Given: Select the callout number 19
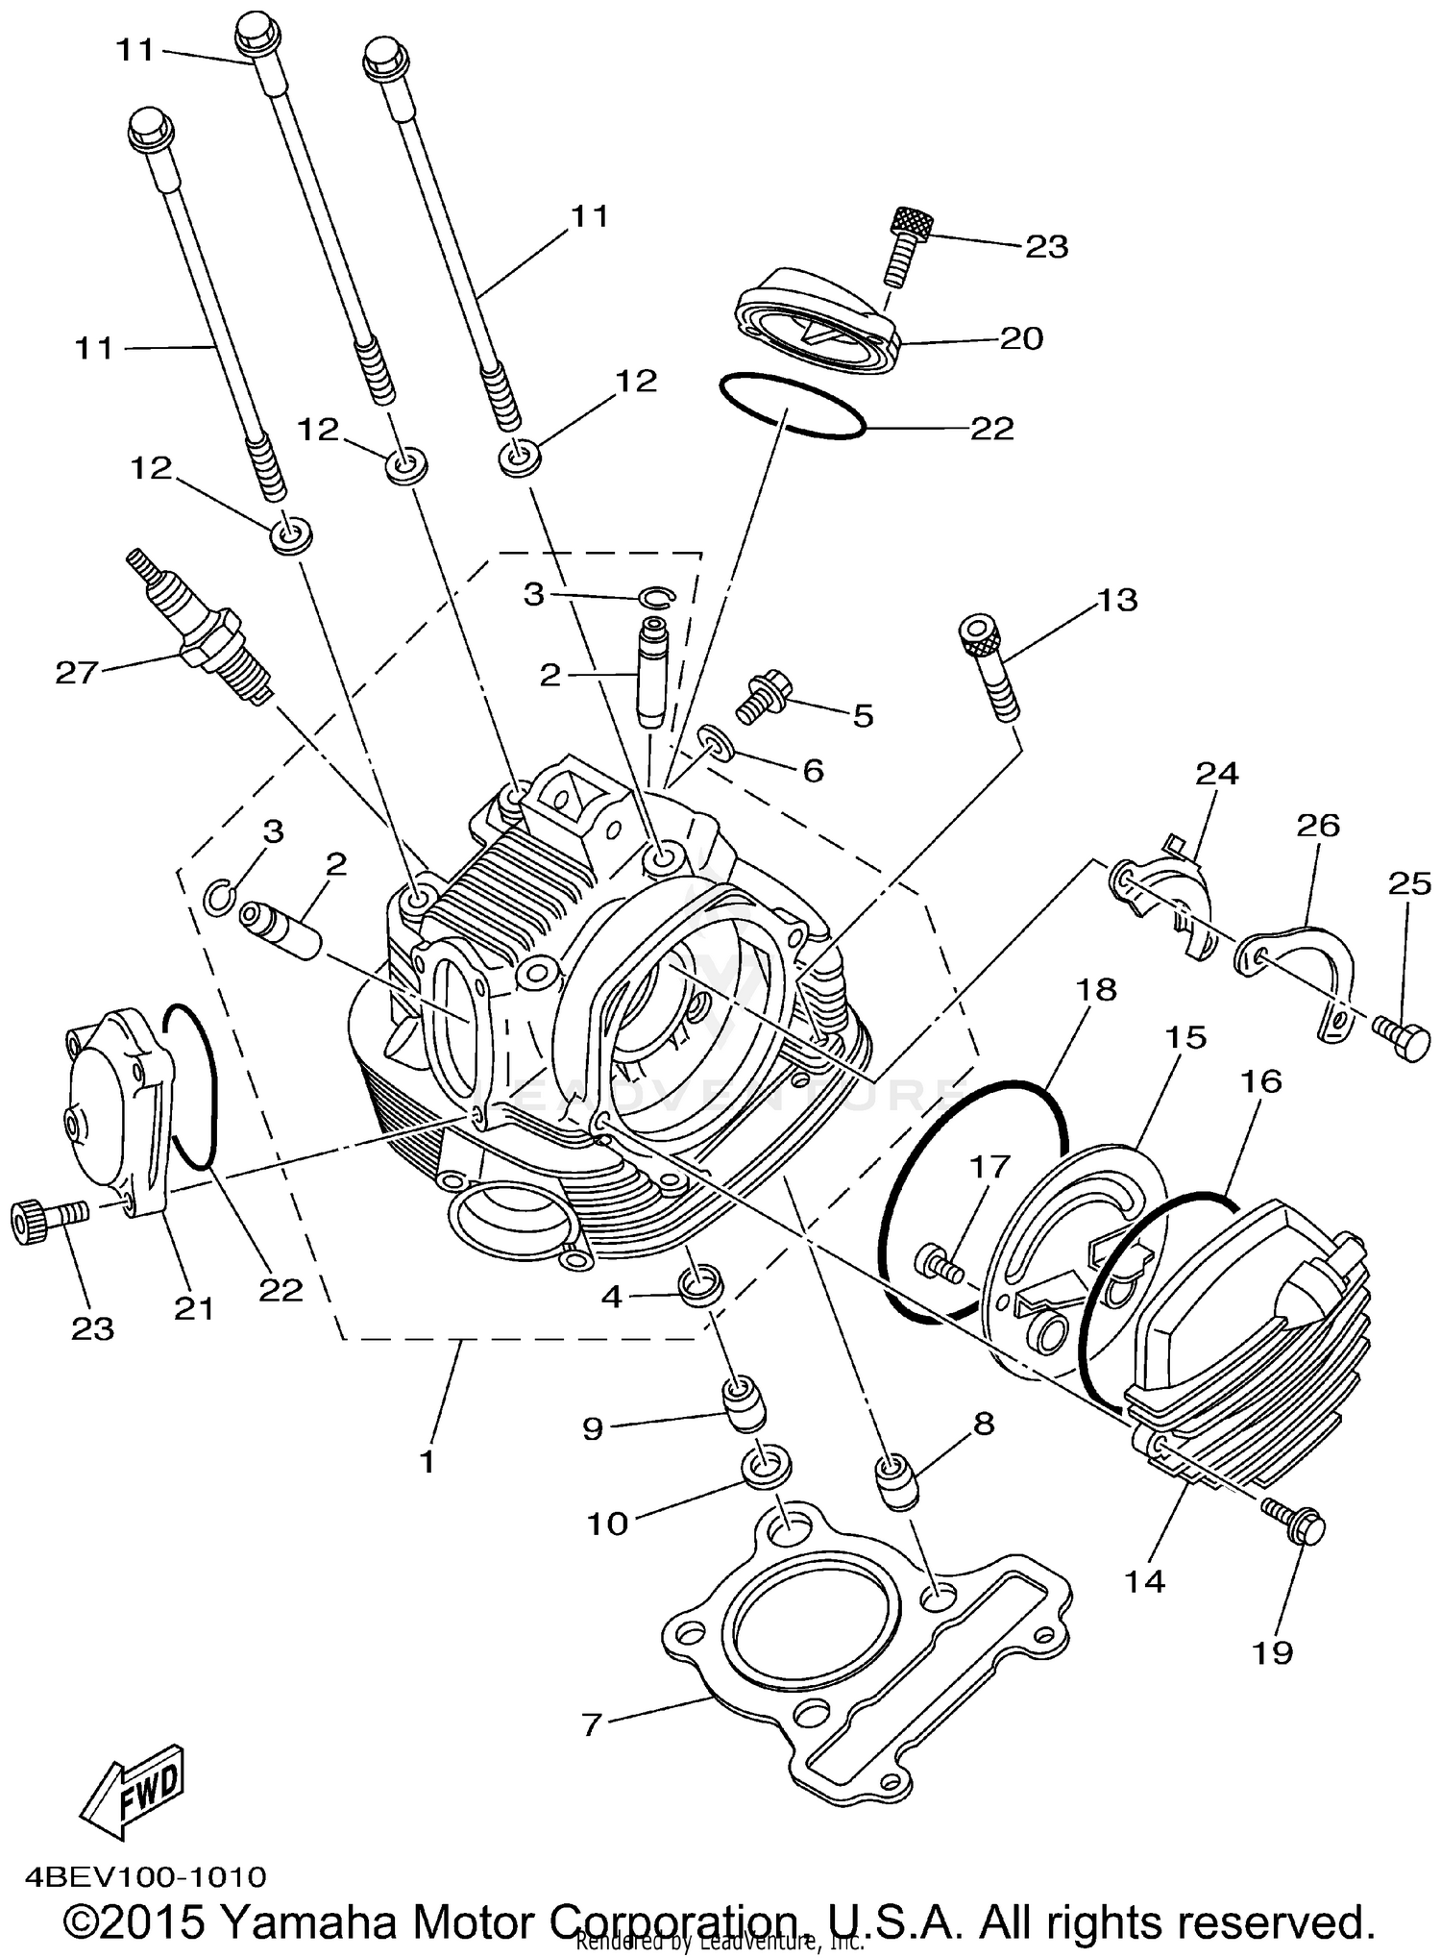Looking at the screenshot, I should (1272, 1652).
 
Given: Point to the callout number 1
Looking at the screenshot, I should (427, 1462).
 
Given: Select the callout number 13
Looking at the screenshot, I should (1116, 600).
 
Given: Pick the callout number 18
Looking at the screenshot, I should (1097, 990).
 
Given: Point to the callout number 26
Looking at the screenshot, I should (1317, 826).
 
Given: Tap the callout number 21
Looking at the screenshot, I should (194, 1307).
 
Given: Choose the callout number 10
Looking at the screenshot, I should (607, 1523).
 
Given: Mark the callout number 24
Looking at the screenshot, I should (1217, 774).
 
